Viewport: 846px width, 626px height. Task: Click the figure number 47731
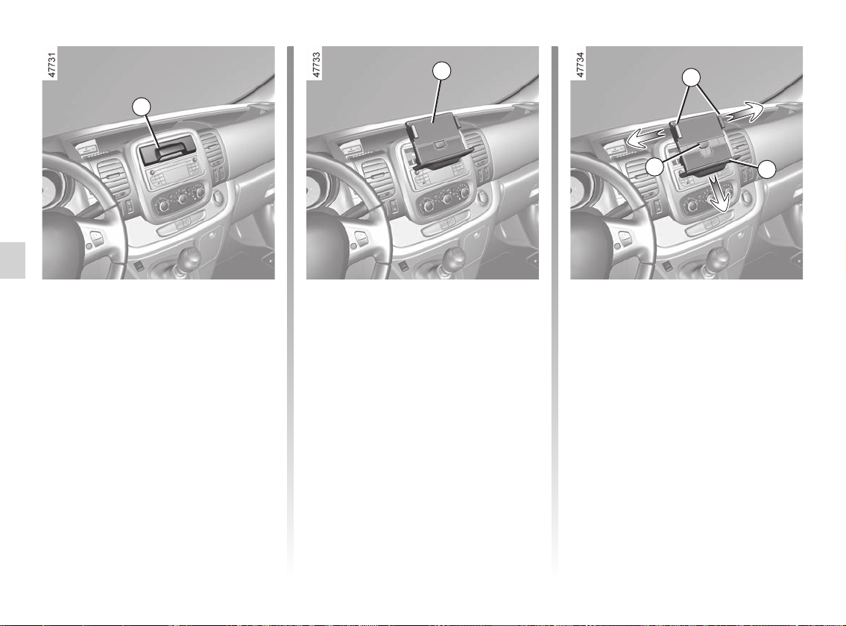click(x=51, y=66)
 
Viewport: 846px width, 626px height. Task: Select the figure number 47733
click(x=316, y=66)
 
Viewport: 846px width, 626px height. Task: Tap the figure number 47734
click(x=581, y=66)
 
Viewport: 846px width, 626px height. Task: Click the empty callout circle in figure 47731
click(x=142, y=107)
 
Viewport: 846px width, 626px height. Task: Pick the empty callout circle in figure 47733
click(x=442, y=71)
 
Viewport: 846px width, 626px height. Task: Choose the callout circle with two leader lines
click(x=691, y=78)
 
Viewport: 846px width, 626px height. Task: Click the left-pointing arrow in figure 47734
click(x=644, y=138)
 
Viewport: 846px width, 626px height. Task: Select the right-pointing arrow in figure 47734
click(x=743, y=113)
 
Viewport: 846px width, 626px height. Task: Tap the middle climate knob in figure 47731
click(x=183, y=199)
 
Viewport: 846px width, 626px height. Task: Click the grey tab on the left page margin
click(x=13, y=261)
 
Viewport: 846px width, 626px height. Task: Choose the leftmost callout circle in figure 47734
click(x=655, y=167)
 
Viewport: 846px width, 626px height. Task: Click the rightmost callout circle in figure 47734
click(x=767, y=169)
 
